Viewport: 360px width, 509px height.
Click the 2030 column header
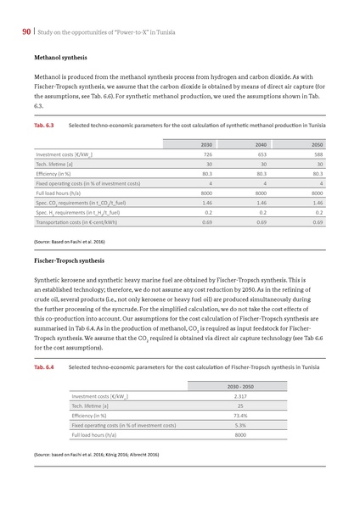coord(206,144)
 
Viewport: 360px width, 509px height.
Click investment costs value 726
coord(206,154)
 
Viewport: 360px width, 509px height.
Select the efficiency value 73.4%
coord(239,416)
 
